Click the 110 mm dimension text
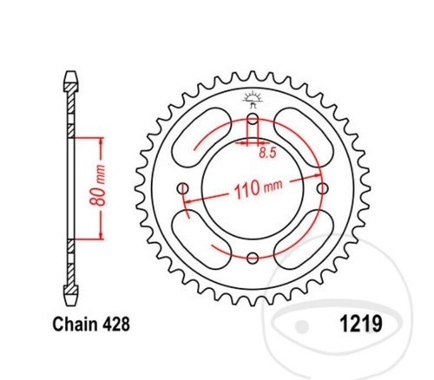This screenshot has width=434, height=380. pyautogui.click(x=258, y=188)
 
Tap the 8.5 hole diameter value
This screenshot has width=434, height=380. pyautogui.click(x=267, y=153)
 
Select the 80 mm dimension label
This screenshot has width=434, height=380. pyautogui.click(x=97, y=186)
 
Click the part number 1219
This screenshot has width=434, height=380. pyautogui.click(x=361, y=324)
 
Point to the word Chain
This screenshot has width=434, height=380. pyautogui.click(x=75, y=324)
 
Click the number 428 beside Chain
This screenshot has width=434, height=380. pyautogui.click(x=116, y=324)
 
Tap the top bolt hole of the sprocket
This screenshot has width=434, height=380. pyautogui.click(x=253, y=119)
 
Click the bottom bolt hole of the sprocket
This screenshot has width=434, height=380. pyautogui.click(x=253, y=258)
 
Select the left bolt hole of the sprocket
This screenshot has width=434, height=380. pyautogui.click(x=182, y=189)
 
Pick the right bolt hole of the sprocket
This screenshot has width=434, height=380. pyautogui.click(x=323, y=189)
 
